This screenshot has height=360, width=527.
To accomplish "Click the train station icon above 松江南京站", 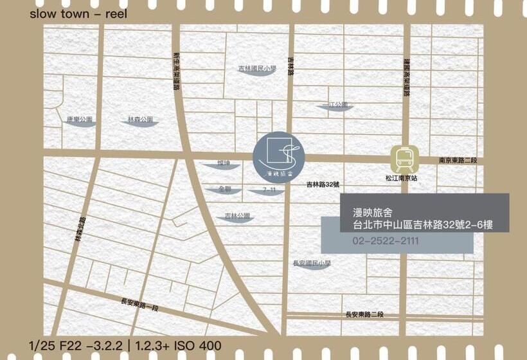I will tap(405, 158).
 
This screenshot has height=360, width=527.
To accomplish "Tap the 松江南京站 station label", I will tap(402, 177).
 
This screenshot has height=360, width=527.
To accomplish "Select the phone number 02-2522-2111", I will tap(386, 241).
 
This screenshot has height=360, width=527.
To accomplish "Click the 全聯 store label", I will tap(224, 190).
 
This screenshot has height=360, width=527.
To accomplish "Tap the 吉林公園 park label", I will tap(235, 216).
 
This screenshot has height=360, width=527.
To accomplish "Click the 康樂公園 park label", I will tap(80, 120).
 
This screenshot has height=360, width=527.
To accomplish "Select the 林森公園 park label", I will tap(140, 120).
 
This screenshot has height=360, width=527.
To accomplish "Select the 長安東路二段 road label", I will tap(364, 314).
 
